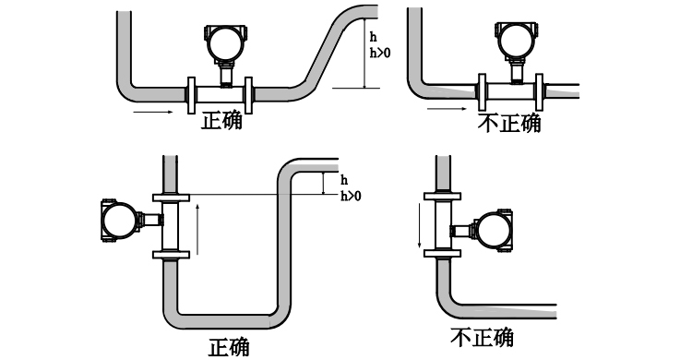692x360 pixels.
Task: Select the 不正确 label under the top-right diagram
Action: click(x=510, y=122)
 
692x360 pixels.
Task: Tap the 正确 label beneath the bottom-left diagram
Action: click(x=228, y=346)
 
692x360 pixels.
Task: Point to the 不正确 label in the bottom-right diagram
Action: click(x=482, y=338)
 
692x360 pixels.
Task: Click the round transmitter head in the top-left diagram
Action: click(x=222, y=42)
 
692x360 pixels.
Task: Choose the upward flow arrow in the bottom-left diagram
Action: click(x=198, y=228)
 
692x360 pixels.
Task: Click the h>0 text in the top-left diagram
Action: click(x=378, y=54)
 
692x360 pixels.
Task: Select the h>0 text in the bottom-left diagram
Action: click(x=351, y=196)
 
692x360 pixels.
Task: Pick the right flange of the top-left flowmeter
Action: click(x=249, y=91)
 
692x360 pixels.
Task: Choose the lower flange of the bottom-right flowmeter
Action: click(x=443, y=253)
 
